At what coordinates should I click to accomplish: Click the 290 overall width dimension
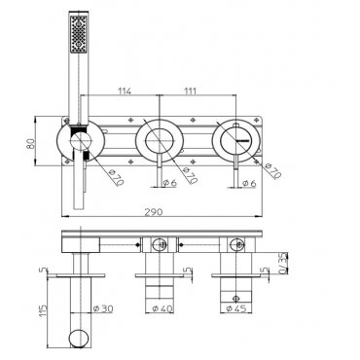coord(153,212)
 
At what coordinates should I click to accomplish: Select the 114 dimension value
coord(125,91)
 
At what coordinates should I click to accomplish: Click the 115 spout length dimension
coord(43,310)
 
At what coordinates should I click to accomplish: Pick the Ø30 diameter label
coord(103,308)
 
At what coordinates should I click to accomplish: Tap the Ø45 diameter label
coord(236,308)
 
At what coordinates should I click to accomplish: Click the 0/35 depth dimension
coord(283,263)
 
